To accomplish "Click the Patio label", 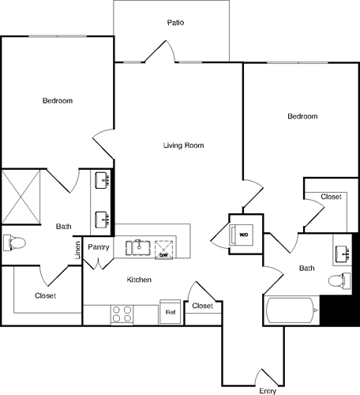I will point(175,23).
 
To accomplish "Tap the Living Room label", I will point(184,145).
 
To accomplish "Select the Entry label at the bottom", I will point(268,389).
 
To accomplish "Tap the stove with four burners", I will point(122,314).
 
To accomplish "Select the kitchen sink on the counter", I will point(140,246).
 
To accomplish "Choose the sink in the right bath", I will point(343,253).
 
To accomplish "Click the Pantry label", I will point(99,247).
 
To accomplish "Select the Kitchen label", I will point(139,280).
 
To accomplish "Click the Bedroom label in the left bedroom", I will point(58,100).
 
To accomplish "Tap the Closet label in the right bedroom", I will point(332,197).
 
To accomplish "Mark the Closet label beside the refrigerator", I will point(203,305).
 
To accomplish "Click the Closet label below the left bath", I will point(45,295).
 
